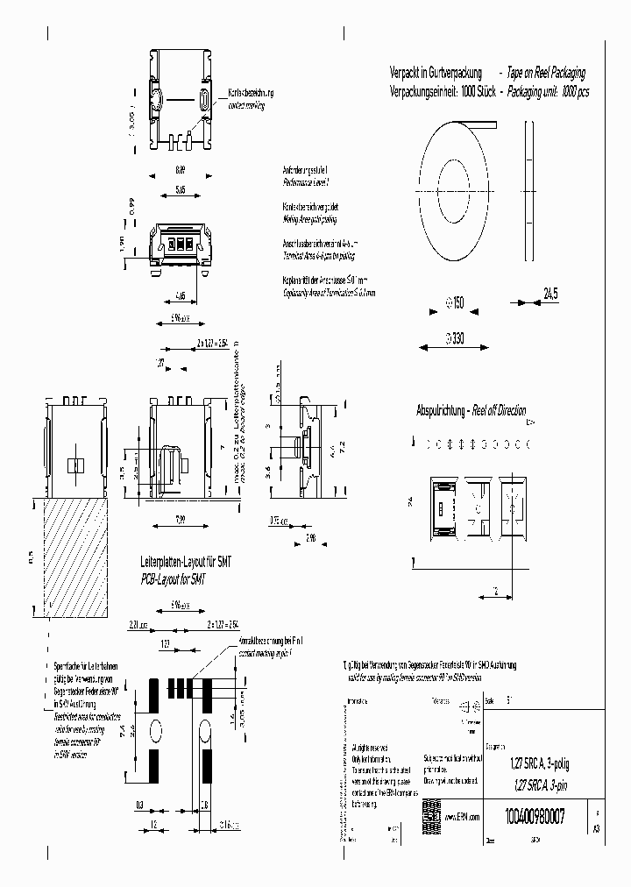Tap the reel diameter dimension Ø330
coord(454,335)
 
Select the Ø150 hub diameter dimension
coord(455,303)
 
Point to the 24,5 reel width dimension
coord(549,294)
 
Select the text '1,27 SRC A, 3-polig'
coord(538,763)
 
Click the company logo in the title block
coord(431,811)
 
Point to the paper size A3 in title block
coord(598,828)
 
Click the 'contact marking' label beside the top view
coord(245,104)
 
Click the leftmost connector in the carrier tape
coord(444,507)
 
